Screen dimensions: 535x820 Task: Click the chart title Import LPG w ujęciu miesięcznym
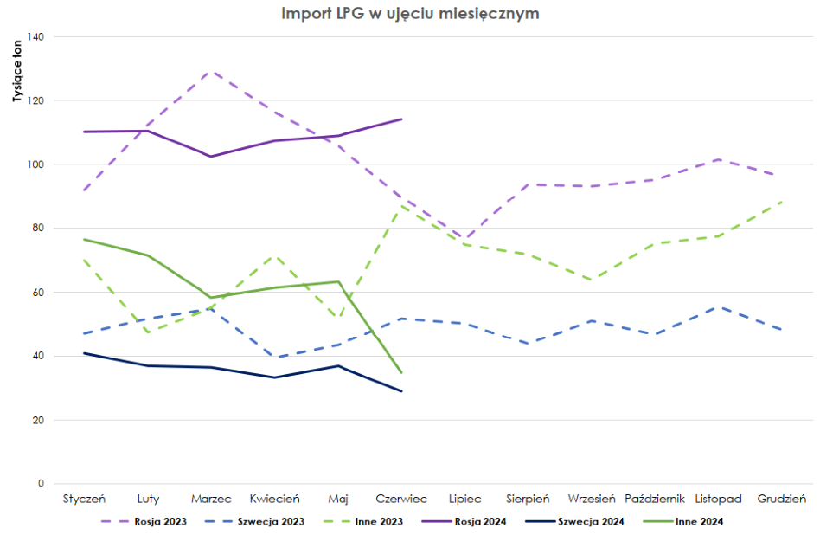[410, 14]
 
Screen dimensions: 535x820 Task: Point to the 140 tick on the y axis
[35, 36]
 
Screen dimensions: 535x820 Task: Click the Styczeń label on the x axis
[84, 499]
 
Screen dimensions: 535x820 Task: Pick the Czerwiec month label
[401, 499]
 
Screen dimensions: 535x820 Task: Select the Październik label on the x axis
[655, 499]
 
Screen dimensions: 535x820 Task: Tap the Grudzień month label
[781, 499]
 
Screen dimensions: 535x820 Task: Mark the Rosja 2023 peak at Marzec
[211, 71]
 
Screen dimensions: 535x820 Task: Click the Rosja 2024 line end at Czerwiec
[401, 119]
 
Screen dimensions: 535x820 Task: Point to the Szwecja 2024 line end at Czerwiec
[401, 391]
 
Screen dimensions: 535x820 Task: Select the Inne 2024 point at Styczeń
[84, 239]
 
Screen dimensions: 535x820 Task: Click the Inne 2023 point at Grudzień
[781, 202]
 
